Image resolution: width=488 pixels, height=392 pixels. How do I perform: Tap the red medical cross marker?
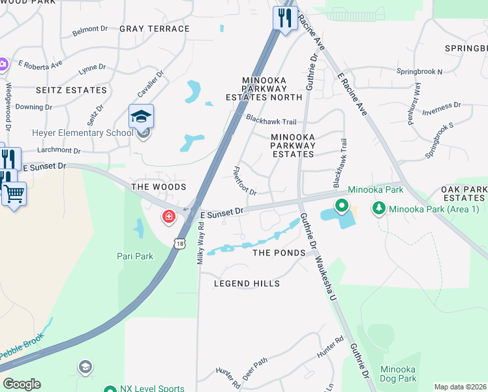[169, 216]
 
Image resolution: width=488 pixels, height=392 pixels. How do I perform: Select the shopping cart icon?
[14, 193]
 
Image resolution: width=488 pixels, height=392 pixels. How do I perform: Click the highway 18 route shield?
[179, 244]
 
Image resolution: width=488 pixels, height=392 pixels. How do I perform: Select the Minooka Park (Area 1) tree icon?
[379, 208]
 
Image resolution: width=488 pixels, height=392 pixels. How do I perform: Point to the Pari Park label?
[135, 256]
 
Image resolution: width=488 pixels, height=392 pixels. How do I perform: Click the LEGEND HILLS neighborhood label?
[247, 284]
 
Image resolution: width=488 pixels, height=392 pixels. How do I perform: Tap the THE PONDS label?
[279, 253]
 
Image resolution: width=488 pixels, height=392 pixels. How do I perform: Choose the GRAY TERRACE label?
[155, 29]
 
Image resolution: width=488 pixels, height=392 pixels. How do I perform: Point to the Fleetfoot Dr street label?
[245, 181]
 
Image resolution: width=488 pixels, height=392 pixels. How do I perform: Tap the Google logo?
[22, 384]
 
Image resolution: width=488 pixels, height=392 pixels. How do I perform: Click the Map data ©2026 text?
[460, 387]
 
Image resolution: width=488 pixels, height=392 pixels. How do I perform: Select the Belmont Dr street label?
[90, 29]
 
